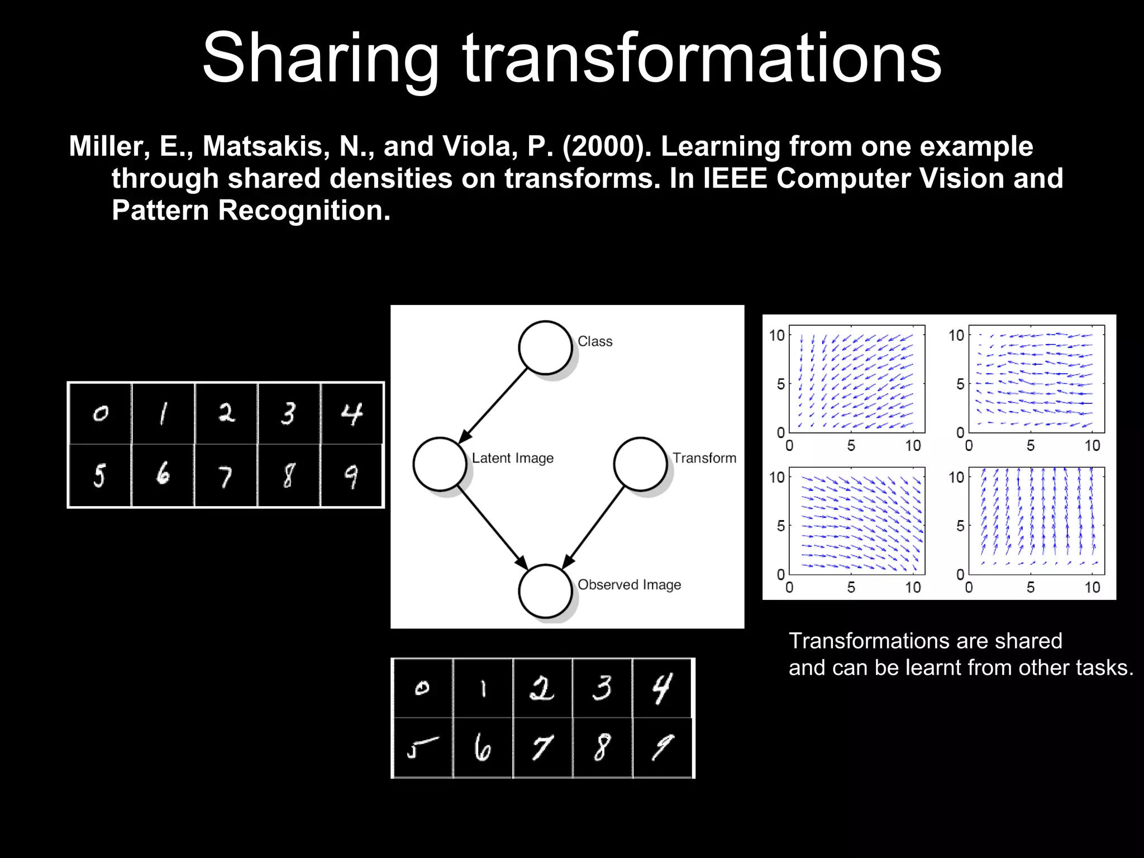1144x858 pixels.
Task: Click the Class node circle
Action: point(545,347)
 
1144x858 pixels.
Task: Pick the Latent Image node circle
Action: point(440,464)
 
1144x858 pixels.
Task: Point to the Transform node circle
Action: point(640,464)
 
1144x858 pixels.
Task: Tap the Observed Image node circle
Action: point(545,591)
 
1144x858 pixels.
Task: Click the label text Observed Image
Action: point(629,585)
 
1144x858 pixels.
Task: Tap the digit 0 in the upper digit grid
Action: point(101,414)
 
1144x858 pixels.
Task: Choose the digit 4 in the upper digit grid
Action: point(351,414)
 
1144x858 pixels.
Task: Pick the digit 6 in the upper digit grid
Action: point(163,475)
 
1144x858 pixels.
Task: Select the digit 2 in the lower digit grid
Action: point(542,688)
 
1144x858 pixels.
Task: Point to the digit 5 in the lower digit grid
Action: point(422,747)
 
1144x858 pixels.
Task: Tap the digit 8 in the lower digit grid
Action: point(602,747)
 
